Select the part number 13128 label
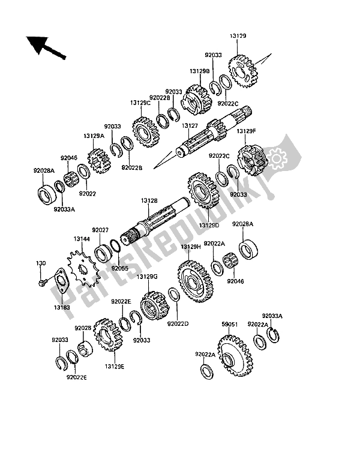click(x=149, y=200)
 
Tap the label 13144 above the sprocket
click(x=82, y=239)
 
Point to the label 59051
click(x=230, y=325)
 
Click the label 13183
click(x=62, y=307)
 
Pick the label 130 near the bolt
click(x=41, y=263)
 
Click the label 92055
click(x=119, y=268)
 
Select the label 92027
click(x=100, y=230)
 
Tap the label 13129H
click(x=191, y=247)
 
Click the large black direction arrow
click(x=45, y=47)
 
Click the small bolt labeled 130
click(x=42, y=282)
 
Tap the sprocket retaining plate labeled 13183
click(x=61, y=280)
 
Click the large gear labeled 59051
click(x=235, y=356)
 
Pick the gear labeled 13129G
click(x=155, y=305)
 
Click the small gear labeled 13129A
click(x=99, y=161)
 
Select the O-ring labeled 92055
click(x=116, y=245)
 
